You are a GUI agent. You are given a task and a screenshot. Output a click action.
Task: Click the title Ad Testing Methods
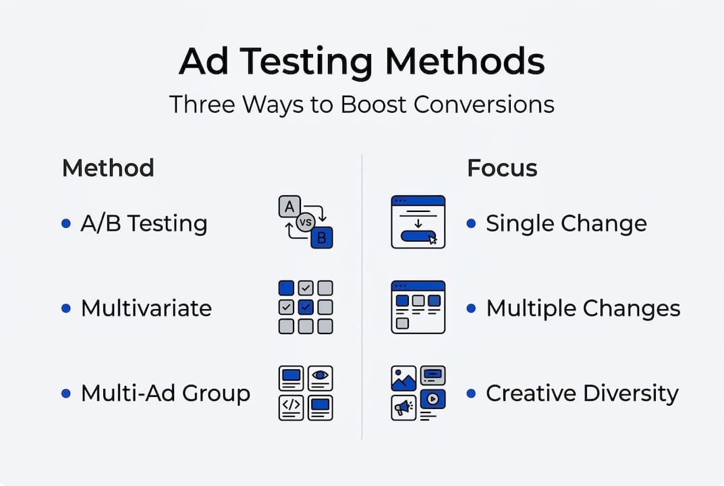coord(362,62)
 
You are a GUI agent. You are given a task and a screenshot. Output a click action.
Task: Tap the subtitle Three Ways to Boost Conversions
coord(362,105)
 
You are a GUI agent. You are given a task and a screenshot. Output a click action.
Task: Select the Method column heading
coord(108,167)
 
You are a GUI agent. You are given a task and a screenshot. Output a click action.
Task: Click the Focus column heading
coord(502,167)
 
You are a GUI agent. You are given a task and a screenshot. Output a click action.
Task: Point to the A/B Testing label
coord(144,223)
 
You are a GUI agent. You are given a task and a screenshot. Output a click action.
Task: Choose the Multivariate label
coord(146,308)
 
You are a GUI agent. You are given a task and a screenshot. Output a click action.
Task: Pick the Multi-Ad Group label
coord(165,393)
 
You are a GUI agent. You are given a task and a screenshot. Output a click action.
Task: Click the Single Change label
coord(566,223)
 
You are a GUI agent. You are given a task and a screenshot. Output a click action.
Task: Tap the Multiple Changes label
coord(583,308)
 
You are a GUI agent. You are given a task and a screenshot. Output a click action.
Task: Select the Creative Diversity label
coord(582,393)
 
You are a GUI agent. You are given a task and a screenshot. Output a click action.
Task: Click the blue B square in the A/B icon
coord(322,237)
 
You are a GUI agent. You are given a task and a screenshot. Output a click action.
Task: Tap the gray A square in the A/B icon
coord(289,207)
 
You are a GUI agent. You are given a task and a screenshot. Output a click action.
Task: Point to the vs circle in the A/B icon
coord(306,223)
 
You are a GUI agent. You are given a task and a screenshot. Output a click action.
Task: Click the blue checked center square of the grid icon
coord(306,307)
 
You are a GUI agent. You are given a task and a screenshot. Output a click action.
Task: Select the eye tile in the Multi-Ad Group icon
coord(321,377)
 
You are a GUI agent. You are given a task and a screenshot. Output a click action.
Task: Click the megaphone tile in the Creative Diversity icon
coord(403,407)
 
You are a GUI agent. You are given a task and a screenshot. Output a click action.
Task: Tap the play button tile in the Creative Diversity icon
coord(433,399)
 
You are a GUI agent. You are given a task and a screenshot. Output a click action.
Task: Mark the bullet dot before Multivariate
coord(66,308)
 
